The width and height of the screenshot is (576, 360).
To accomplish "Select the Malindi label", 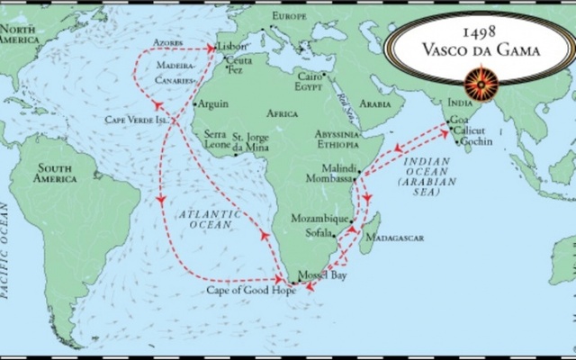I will [339, 167].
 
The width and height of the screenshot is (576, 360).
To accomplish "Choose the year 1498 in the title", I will [477, 31].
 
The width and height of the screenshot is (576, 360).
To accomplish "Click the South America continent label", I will [56, 173].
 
